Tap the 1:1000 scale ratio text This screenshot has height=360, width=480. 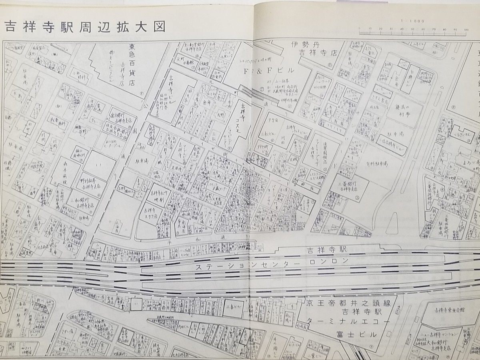point(412,21)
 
